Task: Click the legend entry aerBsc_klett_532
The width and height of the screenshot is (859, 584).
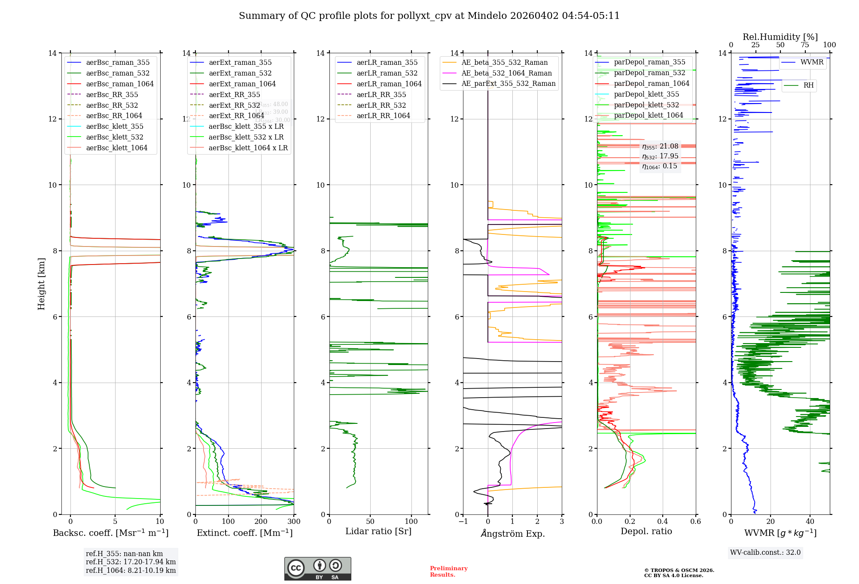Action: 114,137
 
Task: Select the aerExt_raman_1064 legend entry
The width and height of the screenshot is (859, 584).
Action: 242,84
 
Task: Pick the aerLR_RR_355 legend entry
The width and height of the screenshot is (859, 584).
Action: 381,95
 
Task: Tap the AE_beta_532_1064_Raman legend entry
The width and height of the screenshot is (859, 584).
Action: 506,73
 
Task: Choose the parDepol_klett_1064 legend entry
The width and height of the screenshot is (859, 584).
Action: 648,116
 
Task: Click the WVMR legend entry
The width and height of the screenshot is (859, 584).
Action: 811,62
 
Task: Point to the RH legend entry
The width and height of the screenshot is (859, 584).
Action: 808,85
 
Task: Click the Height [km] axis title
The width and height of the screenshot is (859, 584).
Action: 41,283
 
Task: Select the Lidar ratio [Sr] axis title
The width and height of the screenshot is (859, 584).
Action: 378,532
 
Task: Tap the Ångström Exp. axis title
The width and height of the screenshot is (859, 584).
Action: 512,534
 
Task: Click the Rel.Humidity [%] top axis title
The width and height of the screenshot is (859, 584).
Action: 780,37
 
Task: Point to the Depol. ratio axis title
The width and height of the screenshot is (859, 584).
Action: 646,532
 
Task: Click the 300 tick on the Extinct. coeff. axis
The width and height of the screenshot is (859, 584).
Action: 294,522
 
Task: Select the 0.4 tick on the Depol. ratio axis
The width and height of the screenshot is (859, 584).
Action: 663,522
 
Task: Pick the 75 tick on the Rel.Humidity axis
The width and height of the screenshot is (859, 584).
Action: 805,45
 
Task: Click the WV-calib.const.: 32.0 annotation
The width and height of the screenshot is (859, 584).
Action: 765,553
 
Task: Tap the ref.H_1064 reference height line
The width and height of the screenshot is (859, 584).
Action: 131,571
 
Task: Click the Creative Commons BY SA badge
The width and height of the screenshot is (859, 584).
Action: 317,569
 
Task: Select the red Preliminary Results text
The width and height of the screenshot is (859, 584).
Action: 448,572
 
